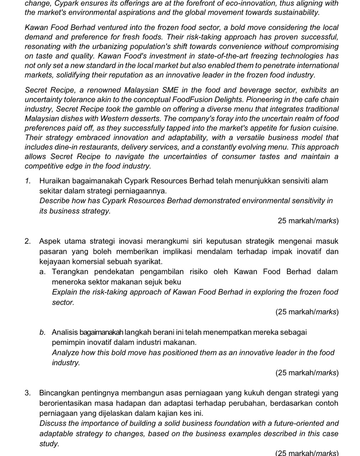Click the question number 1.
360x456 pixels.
point(27,181)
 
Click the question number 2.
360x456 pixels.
point(27,242)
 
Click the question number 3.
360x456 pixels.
point(27,393)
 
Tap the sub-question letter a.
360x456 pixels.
point(42,272)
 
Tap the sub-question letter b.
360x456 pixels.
point(42,333)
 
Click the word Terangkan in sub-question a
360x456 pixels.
point(70,272)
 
